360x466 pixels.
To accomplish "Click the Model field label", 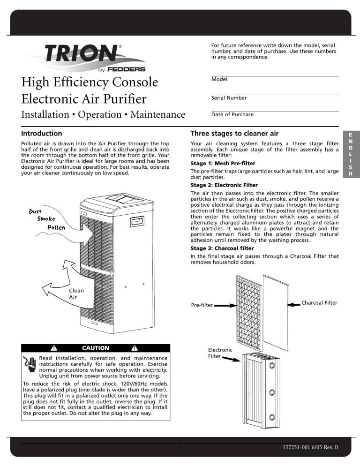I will (219, 80).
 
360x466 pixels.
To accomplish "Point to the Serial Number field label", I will (229, 98).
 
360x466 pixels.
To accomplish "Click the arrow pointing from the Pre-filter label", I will (224, 305).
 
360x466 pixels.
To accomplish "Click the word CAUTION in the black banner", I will (96, 348).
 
